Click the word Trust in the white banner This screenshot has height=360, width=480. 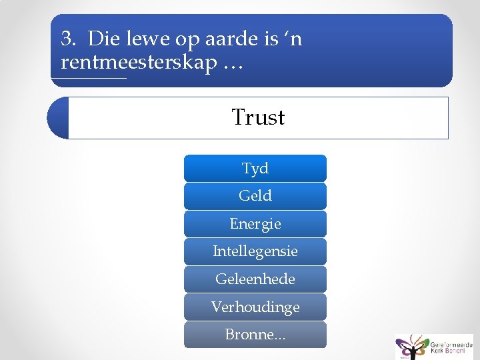pos(258,117)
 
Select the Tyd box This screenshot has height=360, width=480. pos(255,169)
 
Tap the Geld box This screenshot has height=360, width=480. pos(255,196)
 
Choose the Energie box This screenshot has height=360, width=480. pos(255,224)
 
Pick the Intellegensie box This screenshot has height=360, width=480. pos(255,252)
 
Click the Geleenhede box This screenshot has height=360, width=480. pos(255,279)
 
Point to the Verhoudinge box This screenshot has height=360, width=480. pos(255,307)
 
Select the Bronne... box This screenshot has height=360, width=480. pos(255,335)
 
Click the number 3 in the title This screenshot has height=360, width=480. pos(67,39)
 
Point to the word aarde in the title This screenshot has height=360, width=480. pos(235,39)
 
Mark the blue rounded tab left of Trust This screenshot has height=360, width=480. pos(58,118)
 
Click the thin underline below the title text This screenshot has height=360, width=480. pos(89,79)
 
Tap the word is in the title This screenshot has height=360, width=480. pos(271,39)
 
